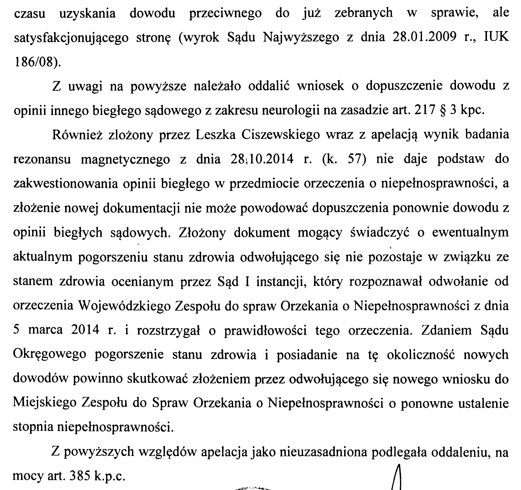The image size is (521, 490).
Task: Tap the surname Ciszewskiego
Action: coord(281,135)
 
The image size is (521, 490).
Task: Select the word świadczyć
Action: coord(380,233)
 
